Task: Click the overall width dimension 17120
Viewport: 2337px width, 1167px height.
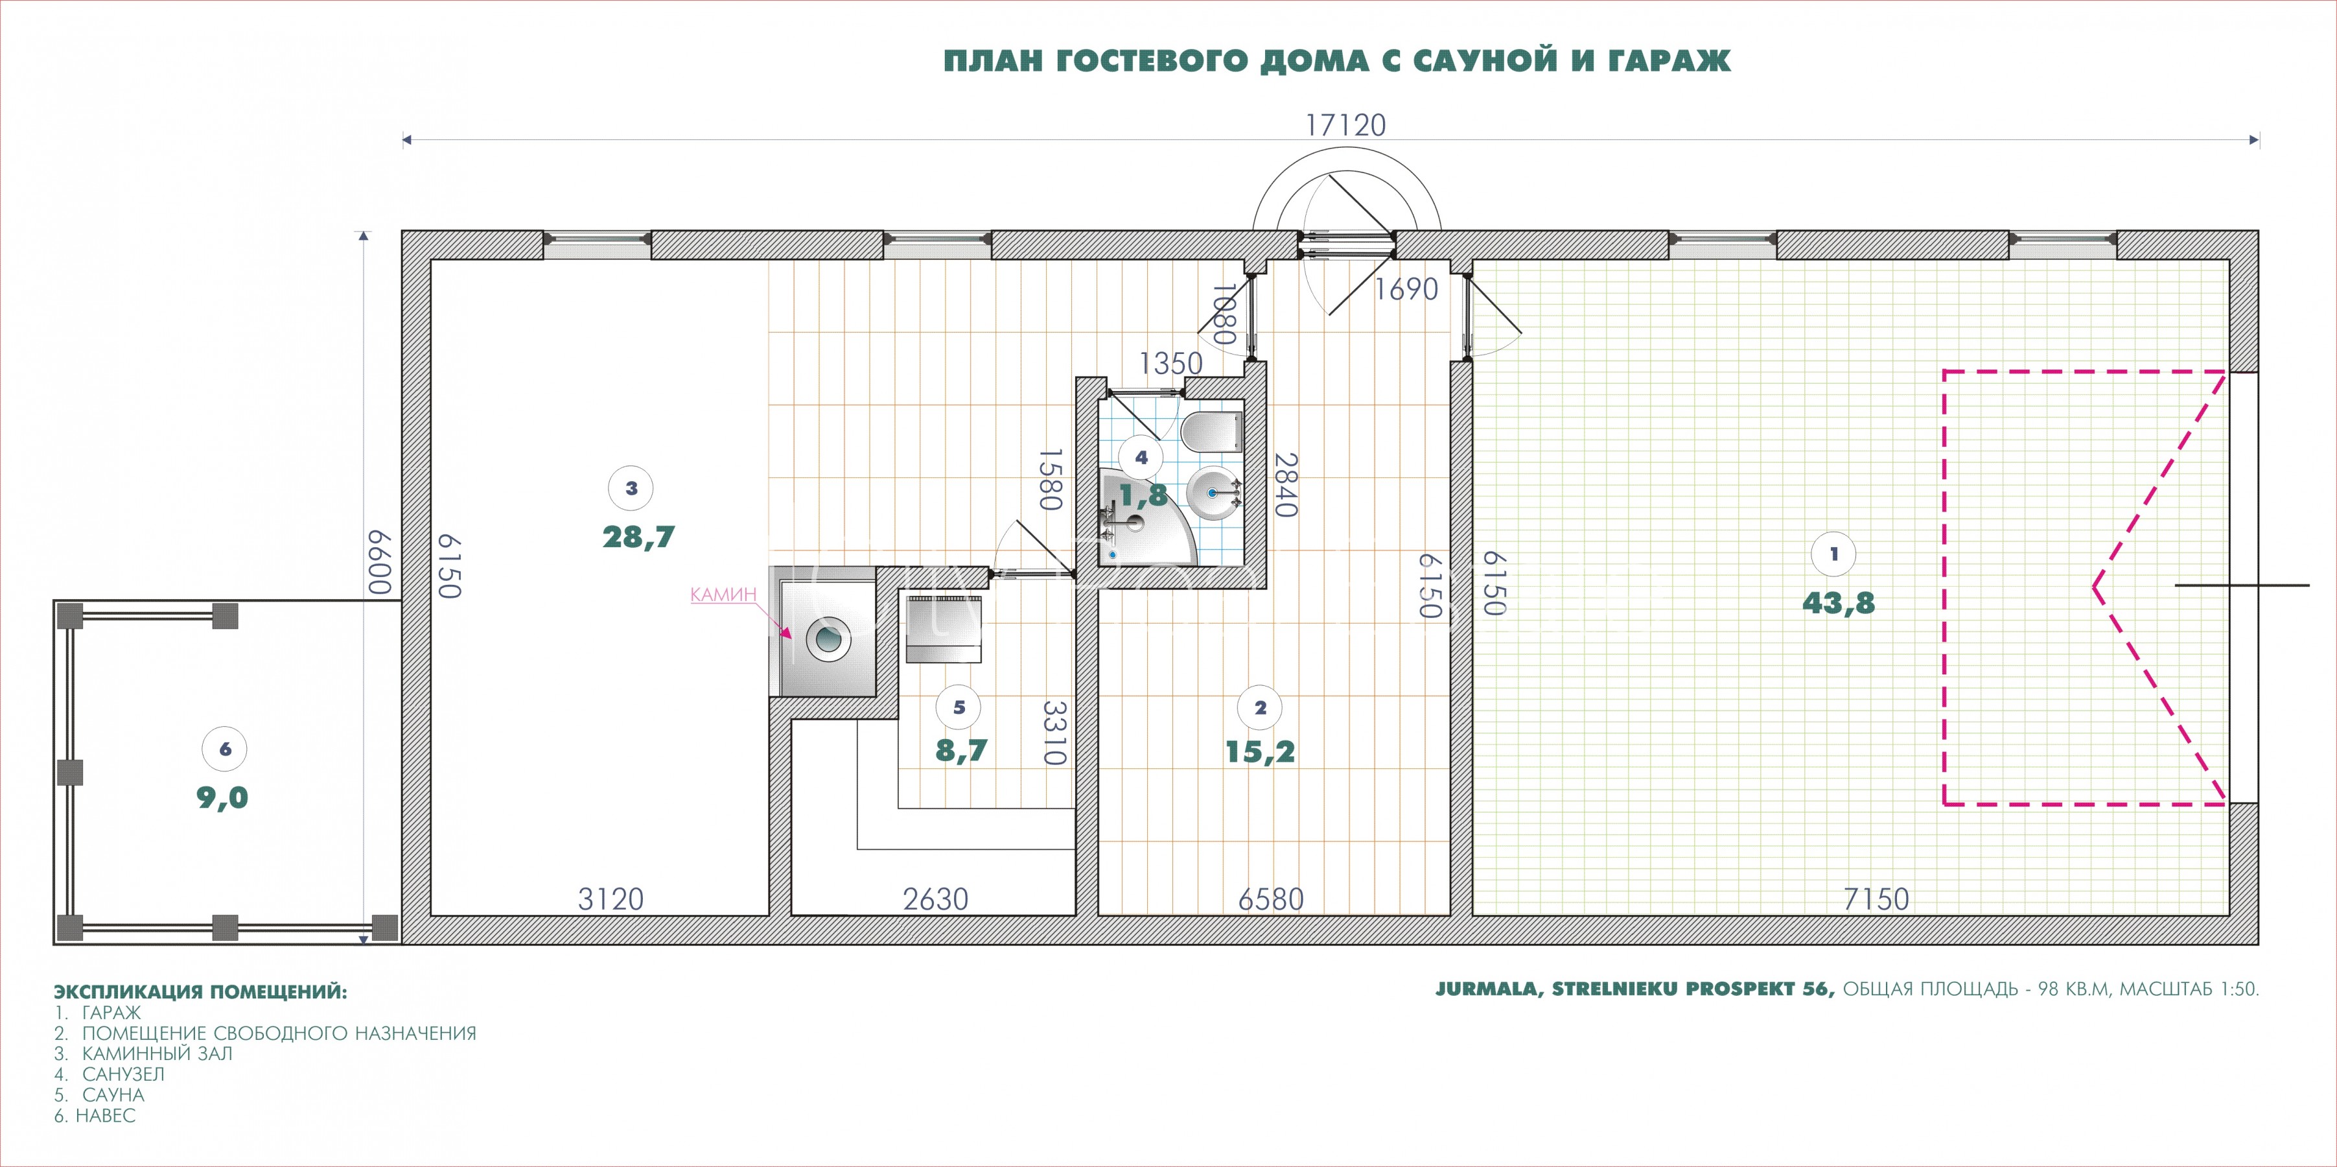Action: (x=1345, y=124)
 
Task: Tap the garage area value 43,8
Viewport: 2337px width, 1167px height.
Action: (x=1838, y=602)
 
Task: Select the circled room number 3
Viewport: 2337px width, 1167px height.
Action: (x=631, y=488)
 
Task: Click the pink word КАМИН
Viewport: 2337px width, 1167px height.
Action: (x=723, y=595)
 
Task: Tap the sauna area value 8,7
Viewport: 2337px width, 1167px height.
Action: (x=960, y=751)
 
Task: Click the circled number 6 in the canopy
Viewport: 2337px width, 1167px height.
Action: (x=225, y=749)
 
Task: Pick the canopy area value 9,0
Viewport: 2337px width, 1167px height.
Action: (x=222, y=797)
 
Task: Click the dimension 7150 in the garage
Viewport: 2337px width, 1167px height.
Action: (x=1876, y=899)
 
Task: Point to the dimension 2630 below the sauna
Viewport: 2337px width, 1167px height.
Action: (x=935, y=899)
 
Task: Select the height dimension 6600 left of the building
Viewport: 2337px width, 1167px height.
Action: (x=378, y=563)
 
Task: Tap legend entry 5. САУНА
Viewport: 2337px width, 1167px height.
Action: (x=99, y=1094)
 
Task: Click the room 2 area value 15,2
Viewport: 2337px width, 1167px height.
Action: (x=1260, y=751)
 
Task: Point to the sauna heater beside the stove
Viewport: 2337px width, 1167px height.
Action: (x=944, y=630)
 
